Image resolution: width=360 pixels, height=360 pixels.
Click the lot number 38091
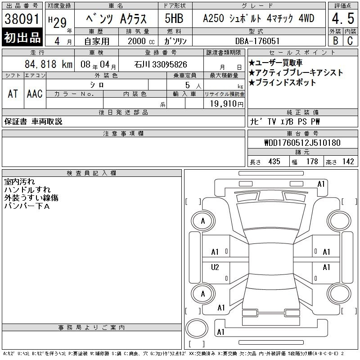click(22, 18)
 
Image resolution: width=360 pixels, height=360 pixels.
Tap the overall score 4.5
click(343, 18)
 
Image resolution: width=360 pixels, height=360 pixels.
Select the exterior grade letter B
click(335, 40)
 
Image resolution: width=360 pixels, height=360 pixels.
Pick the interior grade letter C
click(350, 40)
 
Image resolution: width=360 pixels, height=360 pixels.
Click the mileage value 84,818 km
click(49, 64)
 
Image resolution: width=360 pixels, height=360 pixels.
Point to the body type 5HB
click(174, 18)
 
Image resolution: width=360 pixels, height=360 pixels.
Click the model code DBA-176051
click(257, 41)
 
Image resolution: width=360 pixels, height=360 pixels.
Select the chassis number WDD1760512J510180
click(302, 143)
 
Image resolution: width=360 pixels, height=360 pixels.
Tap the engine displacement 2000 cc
click(141, 41)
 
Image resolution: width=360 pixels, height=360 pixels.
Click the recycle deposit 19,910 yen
click(227, 104)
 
